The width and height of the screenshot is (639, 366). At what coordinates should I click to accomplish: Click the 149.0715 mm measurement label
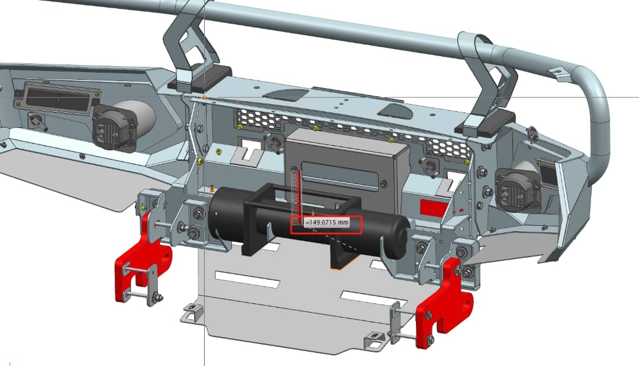(x=327, y=222)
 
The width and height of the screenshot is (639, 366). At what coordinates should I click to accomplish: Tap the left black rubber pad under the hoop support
(x=200, y=79)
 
